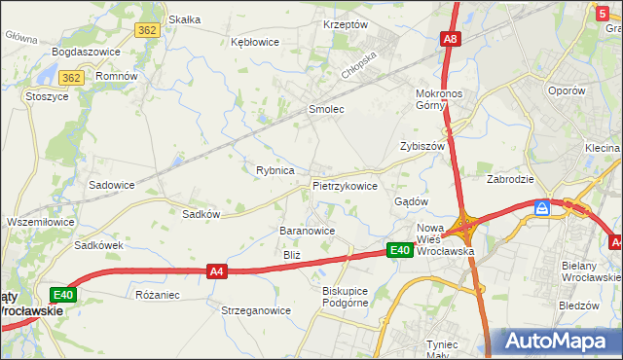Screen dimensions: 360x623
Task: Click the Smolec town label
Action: [x=326, y=110]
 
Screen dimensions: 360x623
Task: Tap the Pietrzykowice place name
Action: [x=345, y=185]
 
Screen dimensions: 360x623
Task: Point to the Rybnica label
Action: [x=275, y=170]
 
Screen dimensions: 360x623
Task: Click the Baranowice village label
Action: [x=308, y=231]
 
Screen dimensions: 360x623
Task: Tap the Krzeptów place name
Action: [x=345, y=24]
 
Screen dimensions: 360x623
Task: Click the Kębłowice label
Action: [x=254, y=42]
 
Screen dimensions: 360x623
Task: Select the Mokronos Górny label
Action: [x=443, y=99]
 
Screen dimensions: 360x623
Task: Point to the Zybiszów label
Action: [x=421, y=146]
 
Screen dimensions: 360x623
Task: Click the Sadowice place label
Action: [x=111, y=184]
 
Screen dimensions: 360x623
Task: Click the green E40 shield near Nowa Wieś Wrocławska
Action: [x=400, y=250]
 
